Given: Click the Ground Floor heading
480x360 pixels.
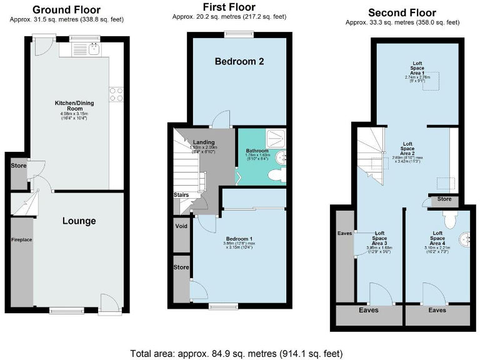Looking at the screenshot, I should tap(66, 9).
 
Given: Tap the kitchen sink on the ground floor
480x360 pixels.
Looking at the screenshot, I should tap(94, 48).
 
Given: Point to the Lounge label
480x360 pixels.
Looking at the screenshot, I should tap(79, 221).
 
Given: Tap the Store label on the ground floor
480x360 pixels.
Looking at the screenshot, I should tap(18, 166).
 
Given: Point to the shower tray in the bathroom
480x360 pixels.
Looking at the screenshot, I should tap(273, 138).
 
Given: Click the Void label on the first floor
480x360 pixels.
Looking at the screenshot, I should tap(181, 226).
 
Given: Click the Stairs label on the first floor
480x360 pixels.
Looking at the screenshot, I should tap(181, 195).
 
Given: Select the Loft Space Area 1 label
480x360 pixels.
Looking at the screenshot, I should tap(417, 68).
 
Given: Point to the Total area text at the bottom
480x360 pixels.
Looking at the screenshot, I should tap(236, 353).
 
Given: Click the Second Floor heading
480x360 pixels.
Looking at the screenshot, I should tap(402, 12).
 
